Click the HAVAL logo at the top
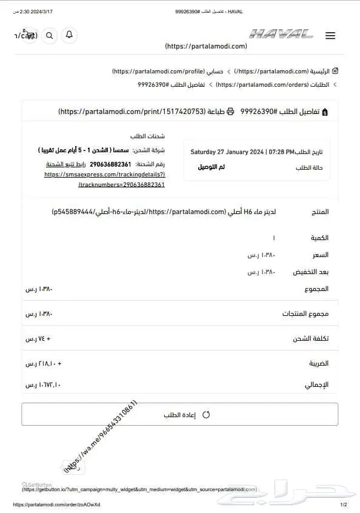click(281, 35)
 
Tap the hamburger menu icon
click(330, 36)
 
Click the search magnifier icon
click(50, 35)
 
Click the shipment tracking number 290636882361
click(110, 164)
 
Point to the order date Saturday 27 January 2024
click(242, 152)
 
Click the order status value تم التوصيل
click(211, 167)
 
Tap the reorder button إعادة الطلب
click(180, 415)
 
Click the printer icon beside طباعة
click(230, 112)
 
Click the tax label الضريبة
click(319, 364)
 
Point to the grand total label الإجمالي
click(318, 385)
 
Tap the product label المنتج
click(319, 212)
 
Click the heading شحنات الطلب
click(147, 136)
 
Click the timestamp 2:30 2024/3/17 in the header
click(29, 12)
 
